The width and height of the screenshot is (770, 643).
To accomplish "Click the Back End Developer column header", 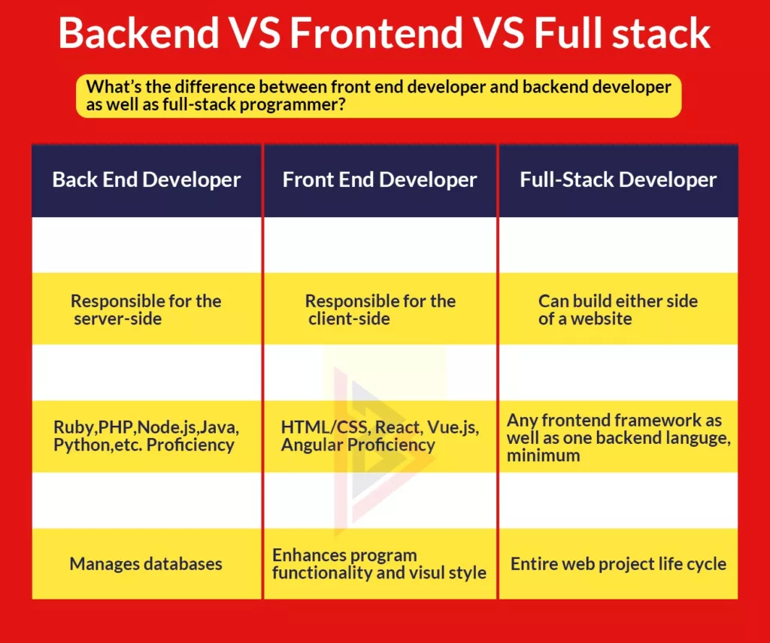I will (147, 180).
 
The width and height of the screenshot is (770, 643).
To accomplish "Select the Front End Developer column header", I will (380, 180).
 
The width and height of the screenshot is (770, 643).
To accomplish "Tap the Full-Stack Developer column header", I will (618, 180).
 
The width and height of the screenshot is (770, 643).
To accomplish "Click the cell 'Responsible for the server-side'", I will (146, 309).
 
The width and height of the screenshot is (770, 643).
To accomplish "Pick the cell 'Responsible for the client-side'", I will (380, 309).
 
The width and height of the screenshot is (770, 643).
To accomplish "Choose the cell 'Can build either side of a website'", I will (618, 309).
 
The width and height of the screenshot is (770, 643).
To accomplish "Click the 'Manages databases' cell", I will (146, 563).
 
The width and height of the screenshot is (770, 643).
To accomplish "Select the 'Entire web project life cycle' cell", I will (618, 563).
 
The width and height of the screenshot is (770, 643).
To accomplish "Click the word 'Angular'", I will (309, 445).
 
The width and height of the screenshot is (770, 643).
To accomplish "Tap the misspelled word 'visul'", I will (426, 572).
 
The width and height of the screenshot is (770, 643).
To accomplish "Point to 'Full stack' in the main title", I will (623, 34).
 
